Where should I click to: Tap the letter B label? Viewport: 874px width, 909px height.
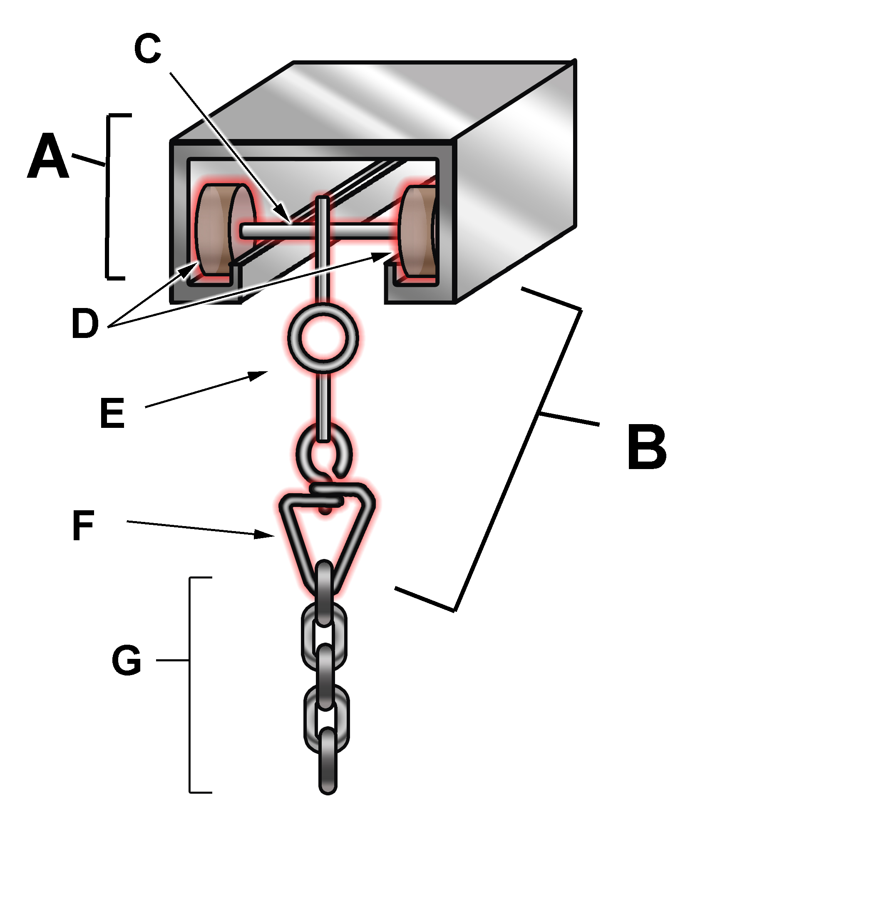coord(646,447)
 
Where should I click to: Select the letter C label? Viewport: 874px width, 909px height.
coord(147,48)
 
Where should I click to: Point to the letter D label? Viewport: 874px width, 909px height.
coord(85,323)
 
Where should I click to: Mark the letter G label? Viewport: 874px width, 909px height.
coord(126,660)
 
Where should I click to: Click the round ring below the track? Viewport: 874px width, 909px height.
coord(323,337)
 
